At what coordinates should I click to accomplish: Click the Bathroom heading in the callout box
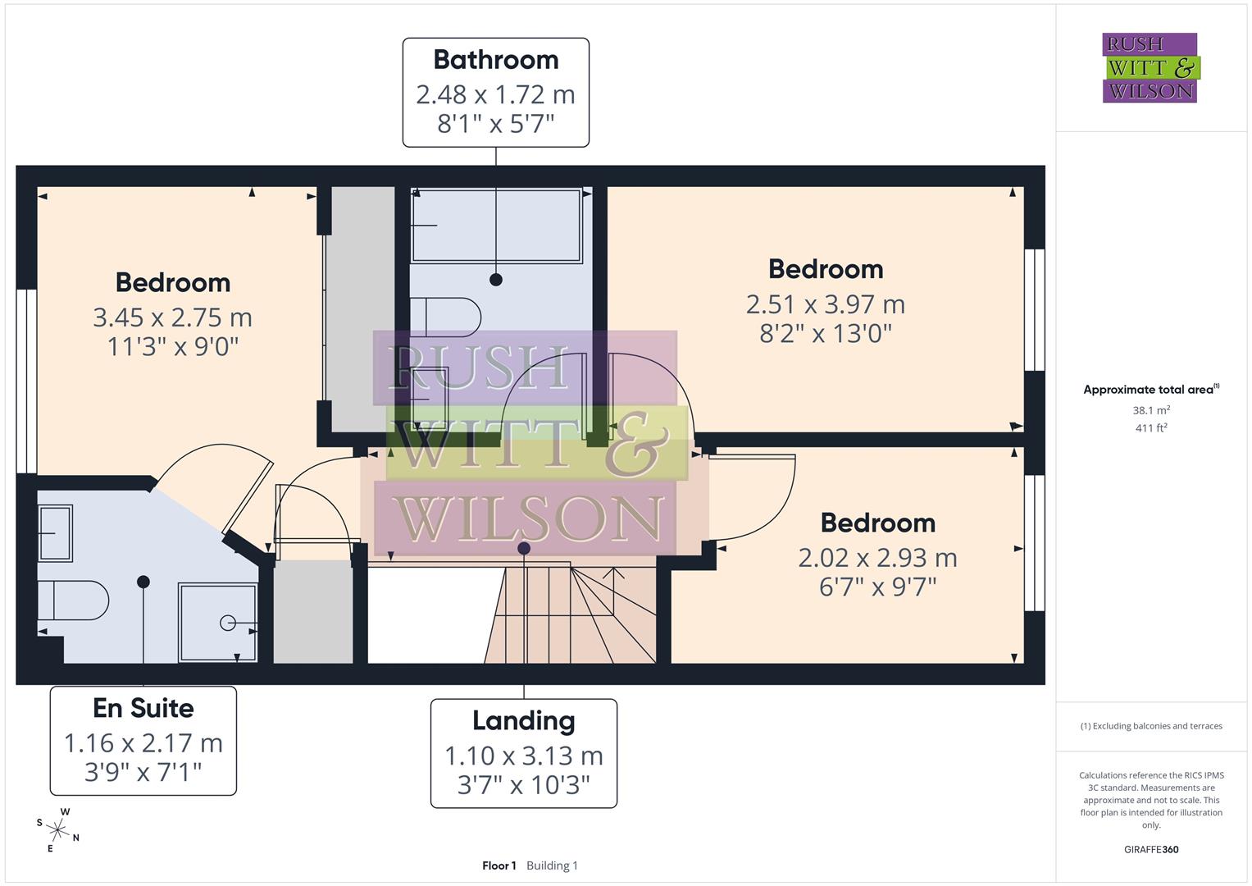pos(495,60)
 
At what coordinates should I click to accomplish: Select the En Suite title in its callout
pos(143,708)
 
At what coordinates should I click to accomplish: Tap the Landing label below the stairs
pos(523,721)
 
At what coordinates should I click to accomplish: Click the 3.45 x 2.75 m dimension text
pos(172,317)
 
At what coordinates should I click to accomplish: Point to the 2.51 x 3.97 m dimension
pos(825,304)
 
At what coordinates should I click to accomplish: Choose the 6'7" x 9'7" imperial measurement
pos(877,587)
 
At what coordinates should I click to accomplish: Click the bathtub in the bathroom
pos(497,226)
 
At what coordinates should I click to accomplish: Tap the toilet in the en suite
pos(74,601)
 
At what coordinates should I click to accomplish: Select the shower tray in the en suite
pos(217,623)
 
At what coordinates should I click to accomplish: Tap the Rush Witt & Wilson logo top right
pos(1150,68)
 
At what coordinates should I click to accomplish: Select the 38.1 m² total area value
pos(1150,410)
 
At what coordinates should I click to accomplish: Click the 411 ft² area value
pos(1150,428)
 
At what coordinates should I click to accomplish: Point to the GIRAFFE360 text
pos(1150,850)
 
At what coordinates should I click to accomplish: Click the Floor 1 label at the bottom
pos(499,865)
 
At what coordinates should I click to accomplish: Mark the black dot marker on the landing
pos(524,548)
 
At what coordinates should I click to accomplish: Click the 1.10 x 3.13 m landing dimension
pos(523,756)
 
